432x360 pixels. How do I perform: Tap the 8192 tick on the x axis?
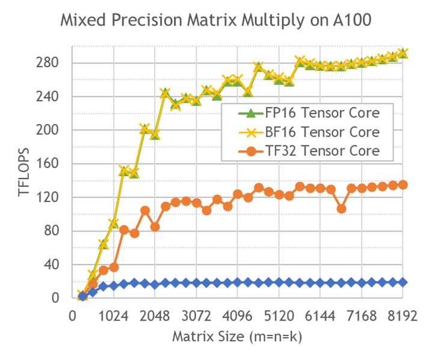click(x=402, y=317)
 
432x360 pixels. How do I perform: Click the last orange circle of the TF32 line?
click(x=403, y=185)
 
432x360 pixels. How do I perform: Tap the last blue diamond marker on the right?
click(x=403, y=282)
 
